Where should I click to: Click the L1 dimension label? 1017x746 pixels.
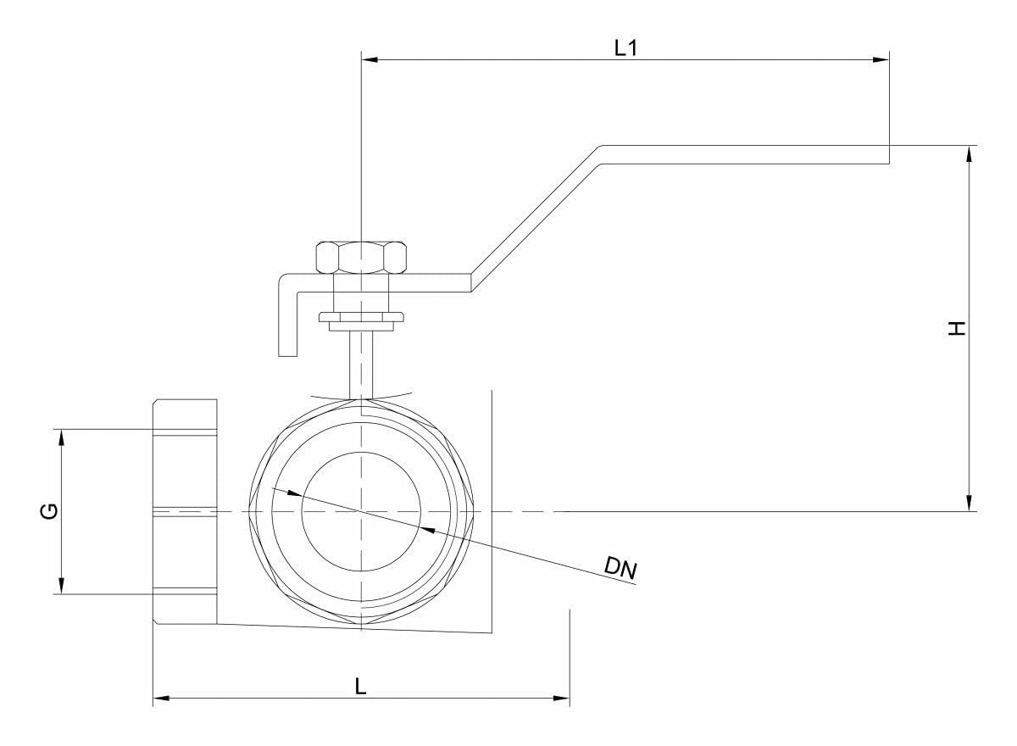tap(625, 48)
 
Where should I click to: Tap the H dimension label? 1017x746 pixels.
tap(957, 329)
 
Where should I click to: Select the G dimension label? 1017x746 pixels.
tap(50, 511)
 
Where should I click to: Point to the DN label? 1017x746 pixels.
tap(620, 569)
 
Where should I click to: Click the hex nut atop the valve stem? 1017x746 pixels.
tap(361, 257)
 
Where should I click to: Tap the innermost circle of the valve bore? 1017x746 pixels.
tap(361, 511)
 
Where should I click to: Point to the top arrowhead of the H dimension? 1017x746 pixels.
tap(968, 153)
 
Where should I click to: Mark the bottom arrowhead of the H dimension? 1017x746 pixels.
tap(968, 504)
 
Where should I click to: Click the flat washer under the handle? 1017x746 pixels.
tap(361, 319)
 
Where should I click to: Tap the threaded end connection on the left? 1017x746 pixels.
tap(185, 511)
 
